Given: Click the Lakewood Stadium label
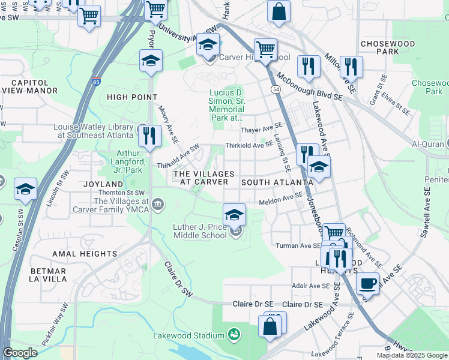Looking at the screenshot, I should (188, 335).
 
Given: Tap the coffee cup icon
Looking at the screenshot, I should (367, 283).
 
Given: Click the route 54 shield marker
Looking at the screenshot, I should (276, 89).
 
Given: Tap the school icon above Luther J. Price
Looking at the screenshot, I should (234, 214).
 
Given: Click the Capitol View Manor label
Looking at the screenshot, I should (30, 86).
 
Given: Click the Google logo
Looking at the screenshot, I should (20, 353).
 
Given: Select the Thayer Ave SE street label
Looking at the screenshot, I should (261, 130).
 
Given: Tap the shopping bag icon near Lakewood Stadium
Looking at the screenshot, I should (270, 326).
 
